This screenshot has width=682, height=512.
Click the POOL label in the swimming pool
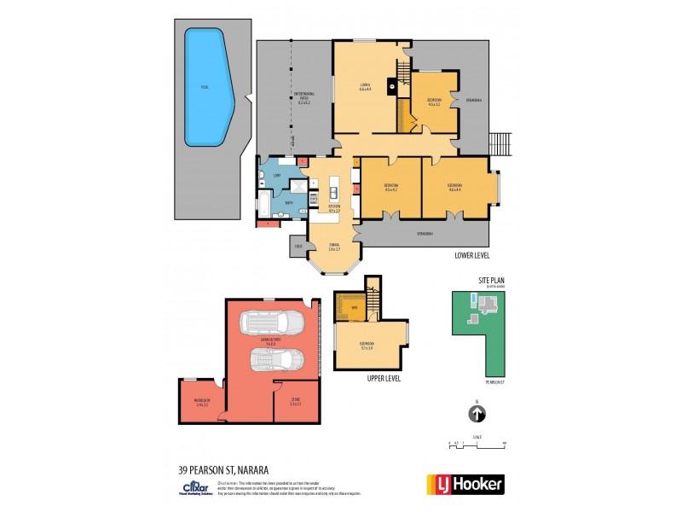204,87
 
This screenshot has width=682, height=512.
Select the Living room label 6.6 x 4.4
364,88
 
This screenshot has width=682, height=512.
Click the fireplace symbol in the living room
392,85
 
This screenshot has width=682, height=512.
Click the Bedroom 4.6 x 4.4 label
454,187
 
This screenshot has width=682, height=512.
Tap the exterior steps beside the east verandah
500,144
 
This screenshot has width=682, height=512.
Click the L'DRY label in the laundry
277,176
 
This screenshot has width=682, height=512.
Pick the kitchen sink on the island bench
334,192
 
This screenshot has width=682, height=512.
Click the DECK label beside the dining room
298,246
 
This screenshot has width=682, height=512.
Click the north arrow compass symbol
477,414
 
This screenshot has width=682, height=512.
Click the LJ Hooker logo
465,484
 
